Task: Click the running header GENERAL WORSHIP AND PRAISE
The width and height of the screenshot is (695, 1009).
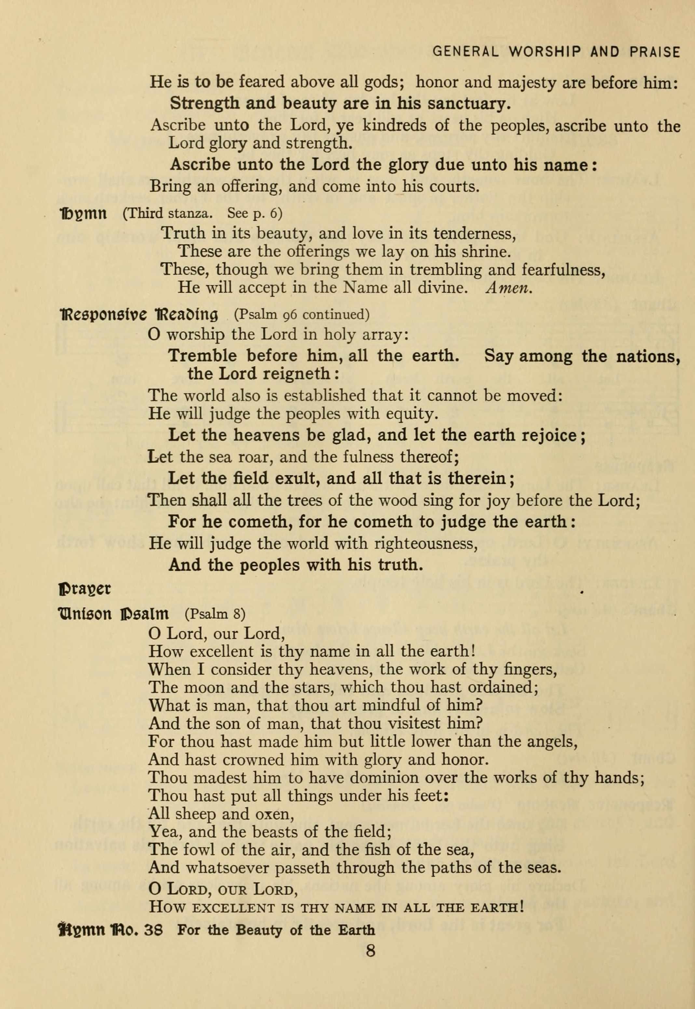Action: tap(556, 52)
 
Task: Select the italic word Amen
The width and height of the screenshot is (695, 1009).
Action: tap(509, 288)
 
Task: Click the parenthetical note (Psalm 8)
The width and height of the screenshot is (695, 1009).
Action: tap(215, 614)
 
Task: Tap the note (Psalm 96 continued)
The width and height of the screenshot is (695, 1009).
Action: tap(302, 314)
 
